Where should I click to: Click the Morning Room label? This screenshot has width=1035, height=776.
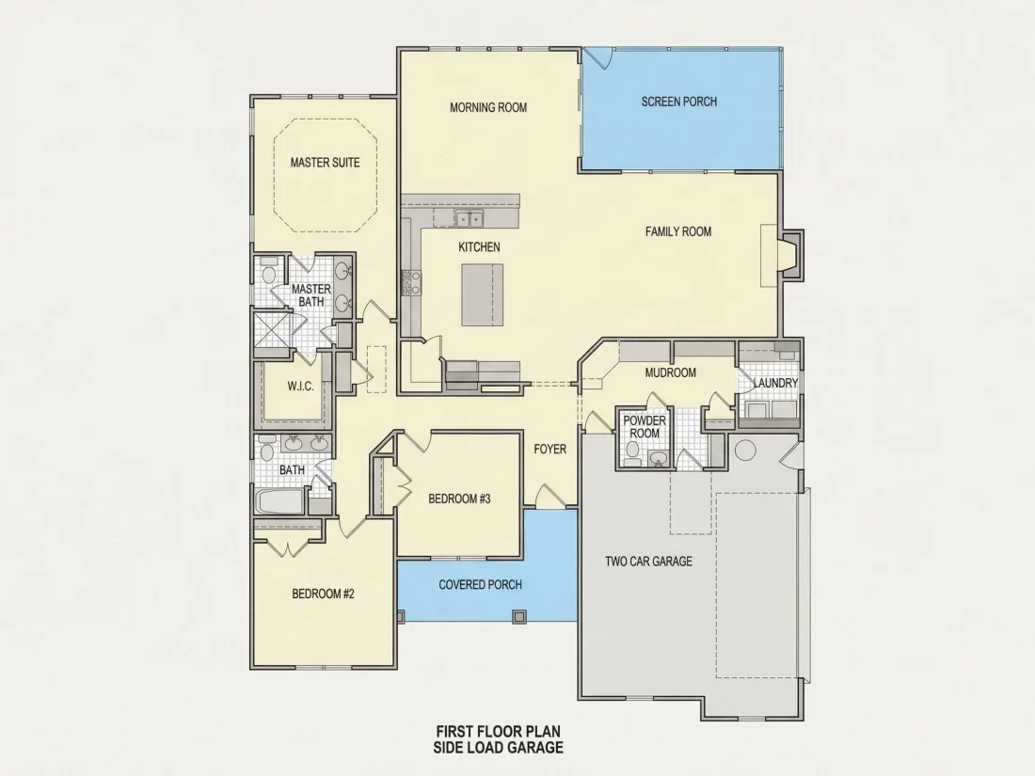pos(488,107)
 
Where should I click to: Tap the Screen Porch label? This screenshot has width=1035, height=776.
pos(679,102)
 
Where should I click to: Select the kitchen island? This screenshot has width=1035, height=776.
pos(483,294)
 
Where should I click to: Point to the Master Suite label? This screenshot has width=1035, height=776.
pos(326,163)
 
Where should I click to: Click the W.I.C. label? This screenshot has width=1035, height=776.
pos(300,386)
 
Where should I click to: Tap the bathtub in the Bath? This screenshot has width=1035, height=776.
pos(280,501)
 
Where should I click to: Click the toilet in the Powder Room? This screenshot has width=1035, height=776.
pos(632,452)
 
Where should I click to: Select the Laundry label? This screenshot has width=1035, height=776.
pos(775,383)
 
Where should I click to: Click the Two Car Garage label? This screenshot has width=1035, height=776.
pos(649,562)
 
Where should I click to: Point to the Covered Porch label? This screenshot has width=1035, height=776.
pos(481,585)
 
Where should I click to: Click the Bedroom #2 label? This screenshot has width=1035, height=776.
pos(324,594)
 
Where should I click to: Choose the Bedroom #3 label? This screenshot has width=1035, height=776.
pos(459,499)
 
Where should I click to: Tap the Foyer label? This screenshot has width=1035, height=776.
pos(549,450)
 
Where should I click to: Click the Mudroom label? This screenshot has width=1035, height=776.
pos(671,372)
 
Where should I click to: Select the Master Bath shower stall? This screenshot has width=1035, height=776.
pos(272,330)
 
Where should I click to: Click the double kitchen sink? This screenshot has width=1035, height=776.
pos(470,218)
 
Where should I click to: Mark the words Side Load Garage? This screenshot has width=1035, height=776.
pos(499,748)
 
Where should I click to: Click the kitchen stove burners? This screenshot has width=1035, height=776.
pos(411,282)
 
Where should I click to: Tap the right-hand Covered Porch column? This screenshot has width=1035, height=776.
pos(519,617)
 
